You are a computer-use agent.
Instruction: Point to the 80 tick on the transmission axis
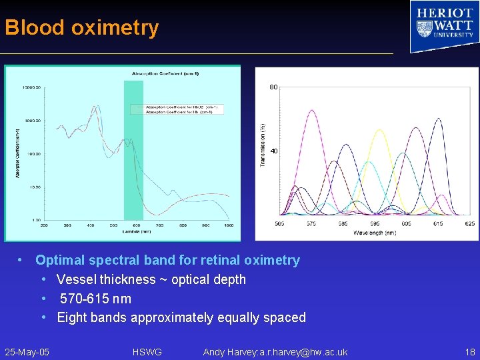pos(273,87)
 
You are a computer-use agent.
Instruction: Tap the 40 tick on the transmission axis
pos(273,151)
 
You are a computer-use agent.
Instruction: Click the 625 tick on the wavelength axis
pos(470,224)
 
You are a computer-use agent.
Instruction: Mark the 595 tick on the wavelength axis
pos(375,224)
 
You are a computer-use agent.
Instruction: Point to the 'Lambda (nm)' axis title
pos(136,232)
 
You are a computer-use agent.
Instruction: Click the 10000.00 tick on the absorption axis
pos(32,87)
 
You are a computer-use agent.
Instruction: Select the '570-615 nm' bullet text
pos(95,299)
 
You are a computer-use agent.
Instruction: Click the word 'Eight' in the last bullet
pos(72,317)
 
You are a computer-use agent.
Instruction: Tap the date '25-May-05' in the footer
pos(27,352)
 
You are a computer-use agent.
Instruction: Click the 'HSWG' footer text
pos(147,352)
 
